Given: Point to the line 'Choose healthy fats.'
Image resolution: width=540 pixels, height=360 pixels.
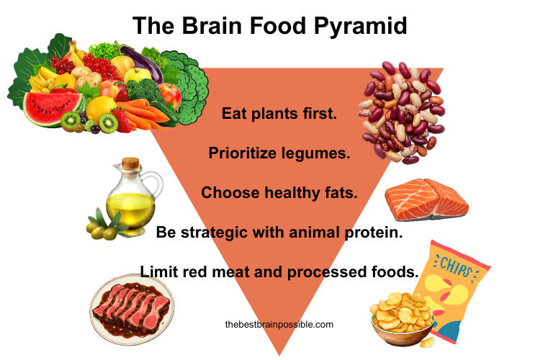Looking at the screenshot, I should click(279, 192).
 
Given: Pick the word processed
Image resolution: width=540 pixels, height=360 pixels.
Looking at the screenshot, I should click(336, 271).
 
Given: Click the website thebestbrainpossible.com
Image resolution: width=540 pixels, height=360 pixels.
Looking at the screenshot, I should click(279, 325).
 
